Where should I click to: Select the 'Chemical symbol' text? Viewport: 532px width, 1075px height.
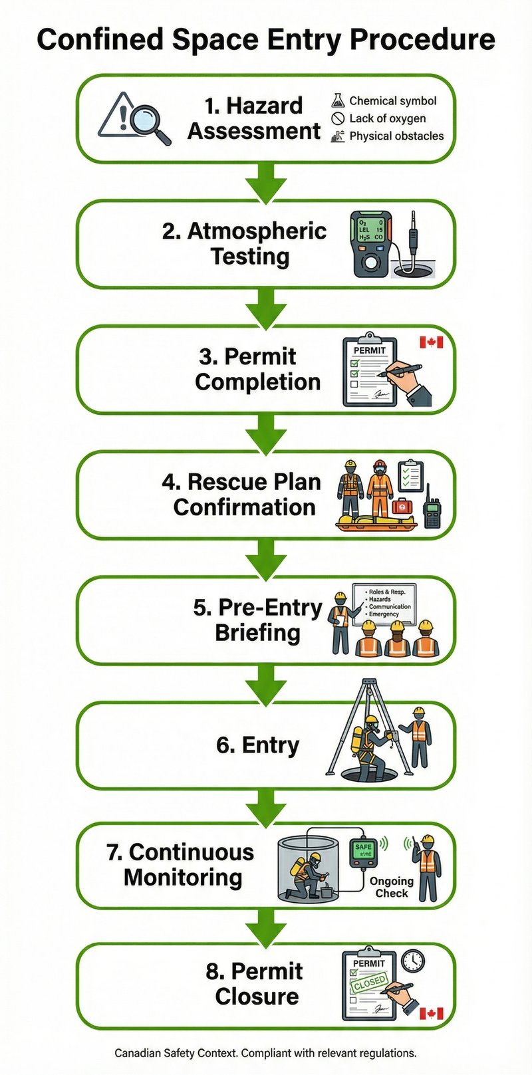392,101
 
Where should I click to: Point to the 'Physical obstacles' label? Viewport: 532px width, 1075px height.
396,136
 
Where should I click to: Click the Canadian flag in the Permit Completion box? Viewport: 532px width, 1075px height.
431,342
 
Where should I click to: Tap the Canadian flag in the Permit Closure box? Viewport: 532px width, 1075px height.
431,1013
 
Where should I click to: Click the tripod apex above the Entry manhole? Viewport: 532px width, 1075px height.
369,683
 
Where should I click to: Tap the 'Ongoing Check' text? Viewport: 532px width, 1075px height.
392,887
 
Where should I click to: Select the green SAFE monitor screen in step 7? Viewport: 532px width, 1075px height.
363,850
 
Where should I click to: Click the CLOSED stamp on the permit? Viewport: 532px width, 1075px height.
369,983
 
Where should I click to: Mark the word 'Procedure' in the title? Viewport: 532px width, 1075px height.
423,40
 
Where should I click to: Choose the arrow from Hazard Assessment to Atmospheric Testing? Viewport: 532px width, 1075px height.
266,181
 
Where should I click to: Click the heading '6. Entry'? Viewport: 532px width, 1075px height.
257,745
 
